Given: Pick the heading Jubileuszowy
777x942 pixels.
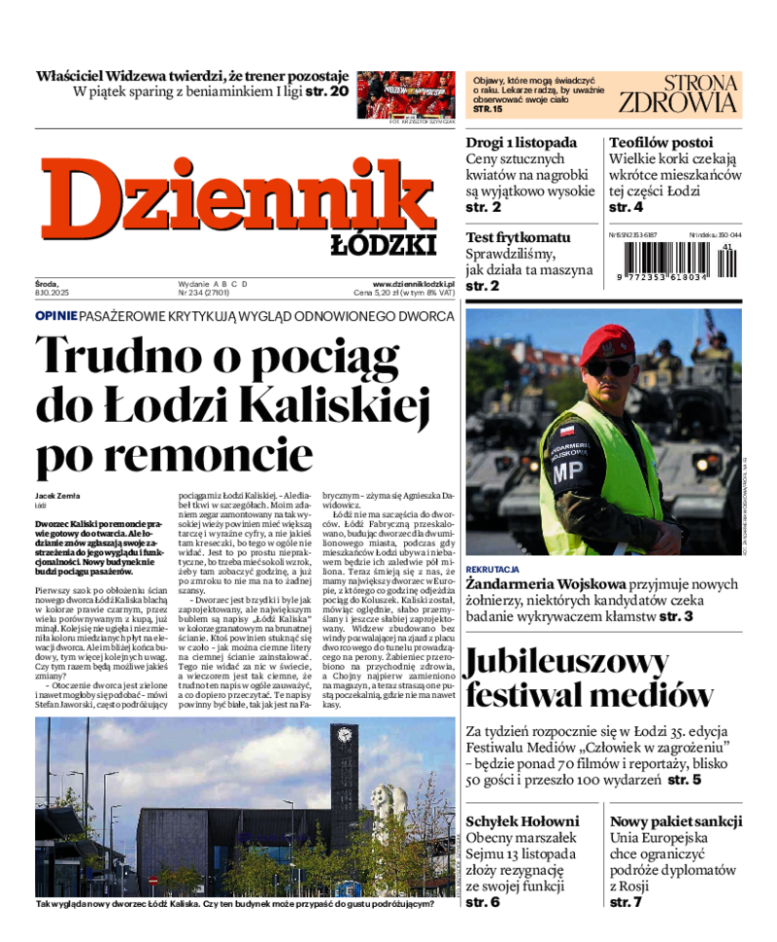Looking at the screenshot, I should [x=566, y=662].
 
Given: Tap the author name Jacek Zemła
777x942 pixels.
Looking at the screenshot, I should [x=58, y=496].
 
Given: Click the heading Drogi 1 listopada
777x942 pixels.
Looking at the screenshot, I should [x=521, y=142].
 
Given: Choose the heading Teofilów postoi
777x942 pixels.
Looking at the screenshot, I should [x=660, y=142].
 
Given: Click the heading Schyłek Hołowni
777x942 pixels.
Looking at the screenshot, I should [x=522, y=820].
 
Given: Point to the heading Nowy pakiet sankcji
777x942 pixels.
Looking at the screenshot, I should [x=676, y=820].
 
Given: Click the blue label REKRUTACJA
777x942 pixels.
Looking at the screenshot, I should [x=492, y=569].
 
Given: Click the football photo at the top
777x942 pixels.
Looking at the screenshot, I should [x=406, y=94].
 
